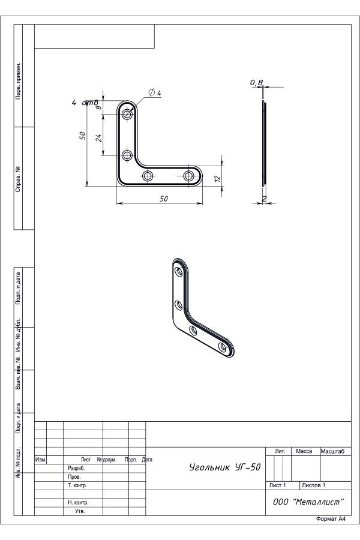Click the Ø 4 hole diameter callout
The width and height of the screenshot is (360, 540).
pos(155,92)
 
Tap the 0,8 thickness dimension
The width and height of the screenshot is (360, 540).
pos(256,82)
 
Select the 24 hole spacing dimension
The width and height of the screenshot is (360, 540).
pos(98,138)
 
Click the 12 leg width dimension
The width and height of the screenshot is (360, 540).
pos(217,178)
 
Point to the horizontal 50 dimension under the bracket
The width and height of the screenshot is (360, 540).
pos(164,199)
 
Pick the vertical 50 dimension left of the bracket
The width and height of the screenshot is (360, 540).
pos(82,136)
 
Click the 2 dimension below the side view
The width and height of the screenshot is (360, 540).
pos(264,199)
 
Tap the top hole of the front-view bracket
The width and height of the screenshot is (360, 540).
pos(127,113)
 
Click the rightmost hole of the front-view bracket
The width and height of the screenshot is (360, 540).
pos(188,176)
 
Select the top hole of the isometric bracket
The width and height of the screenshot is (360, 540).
pos(179,271)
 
